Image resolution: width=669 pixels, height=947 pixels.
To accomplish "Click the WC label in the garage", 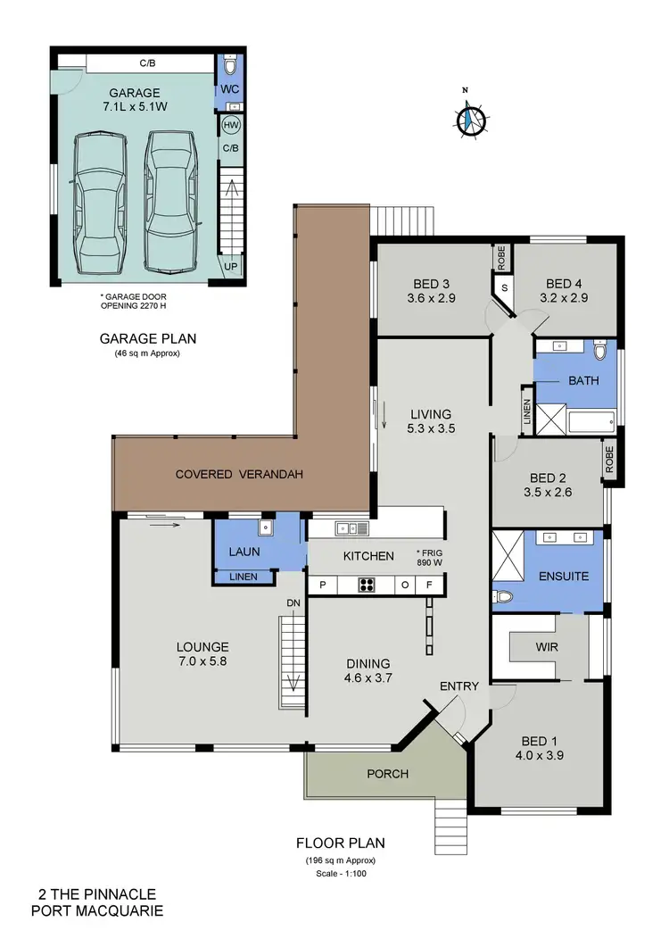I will [229, 90].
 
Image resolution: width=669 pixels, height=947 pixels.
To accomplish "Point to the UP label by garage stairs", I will [230, 267].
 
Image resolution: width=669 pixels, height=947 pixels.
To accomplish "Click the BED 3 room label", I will [431, 292].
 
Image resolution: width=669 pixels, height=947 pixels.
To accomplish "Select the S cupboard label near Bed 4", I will [504, 288].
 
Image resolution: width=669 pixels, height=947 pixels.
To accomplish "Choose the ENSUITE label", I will [563, 576].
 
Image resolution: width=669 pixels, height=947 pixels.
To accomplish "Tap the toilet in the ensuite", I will [502, 596].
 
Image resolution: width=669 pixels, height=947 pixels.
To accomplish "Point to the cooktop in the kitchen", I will [366, 586].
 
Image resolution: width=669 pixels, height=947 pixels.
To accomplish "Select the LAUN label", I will [244, 552].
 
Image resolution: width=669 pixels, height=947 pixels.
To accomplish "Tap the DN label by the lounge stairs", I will [292, 602].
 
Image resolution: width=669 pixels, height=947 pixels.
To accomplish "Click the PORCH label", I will [389, 773].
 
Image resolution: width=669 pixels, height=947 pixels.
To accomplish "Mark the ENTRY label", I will [459, 686].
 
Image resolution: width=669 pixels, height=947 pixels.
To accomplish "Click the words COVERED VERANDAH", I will [240, 474].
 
